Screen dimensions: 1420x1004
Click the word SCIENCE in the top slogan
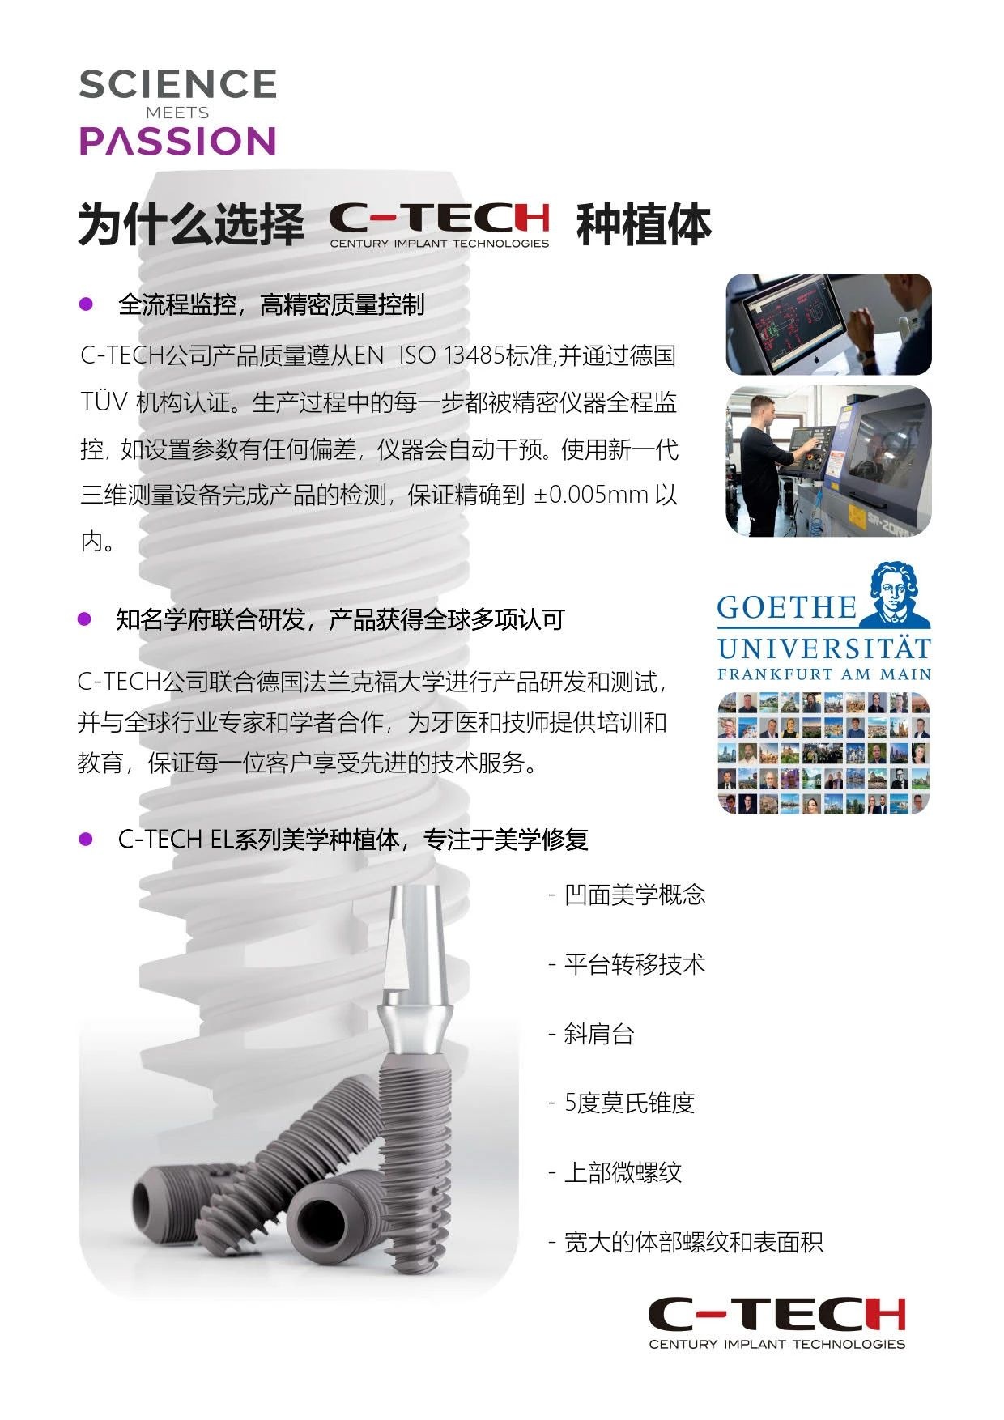pos(178,84)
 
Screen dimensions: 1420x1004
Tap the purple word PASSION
pos(177,141)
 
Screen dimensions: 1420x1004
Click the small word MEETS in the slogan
pos(177,113)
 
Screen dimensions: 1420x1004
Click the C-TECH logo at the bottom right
pos(776,1322)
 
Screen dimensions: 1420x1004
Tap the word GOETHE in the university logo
pos(787,607)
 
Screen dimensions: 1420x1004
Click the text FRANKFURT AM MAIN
pos(824,674)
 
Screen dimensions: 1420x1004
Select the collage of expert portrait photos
pos(823,753)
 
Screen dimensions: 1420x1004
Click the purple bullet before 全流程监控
pos(86,304)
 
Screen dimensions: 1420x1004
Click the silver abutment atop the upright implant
pos(414,971)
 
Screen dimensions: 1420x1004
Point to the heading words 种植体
pos(644,224)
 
